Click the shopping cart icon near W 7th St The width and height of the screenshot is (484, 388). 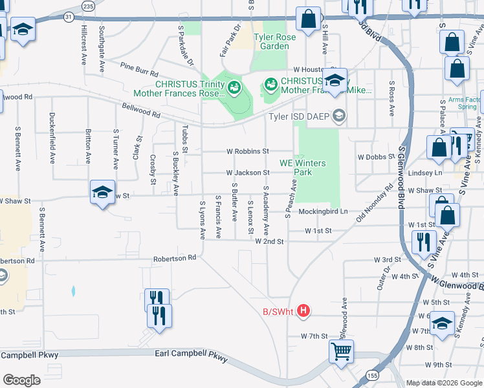point(341,351)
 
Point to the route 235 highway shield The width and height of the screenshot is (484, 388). point(89,5)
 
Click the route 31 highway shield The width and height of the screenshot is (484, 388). point(69,17)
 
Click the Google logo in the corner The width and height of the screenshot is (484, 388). point(21,380)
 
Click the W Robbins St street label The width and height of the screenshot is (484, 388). point(248,151)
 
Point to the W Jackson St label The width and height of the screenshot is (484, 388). point(248,173)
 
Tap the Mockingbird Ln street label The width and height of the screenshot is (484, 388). point(323,211)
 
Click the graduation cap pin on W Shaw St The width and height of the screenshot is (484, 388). point(102,192)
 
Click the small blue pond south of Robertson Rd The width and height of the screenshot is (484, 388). point(73,291)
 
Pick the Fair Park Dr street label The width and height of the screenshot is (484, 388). point(230,40)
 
